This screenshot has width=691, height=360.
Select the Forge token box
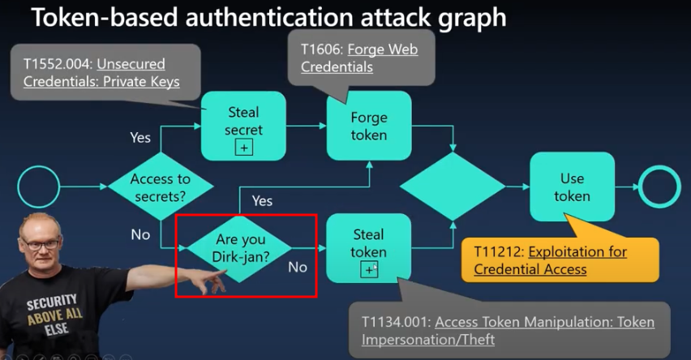pyautogui.click(x=368, y=126)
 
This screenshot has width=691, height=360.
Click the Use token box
pyautogui.click(x=572, y=187)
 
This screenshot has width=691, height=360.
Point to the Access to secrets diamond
pyautogui.click(x=161, y=186)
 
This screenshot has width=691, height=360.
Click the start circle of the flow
pyautogui.click(x=38, y=187)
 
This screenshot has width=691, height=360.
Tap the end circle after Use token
pyautogui.click(x=659, y=186)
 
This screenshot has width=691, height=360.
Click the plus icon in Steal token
pyautogui.click(x=369, y=269)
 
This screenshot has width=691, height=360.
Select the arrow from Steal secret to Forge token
pyautogui.click(x=307, y=126)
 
